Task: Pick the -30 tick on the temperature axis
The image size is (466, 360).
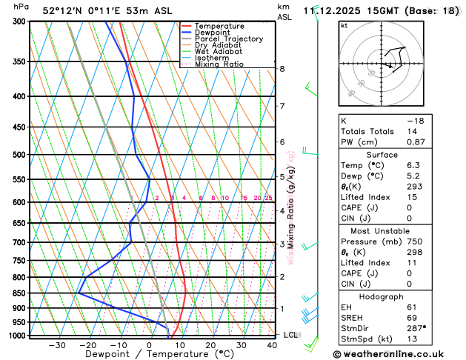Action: pos(57,345)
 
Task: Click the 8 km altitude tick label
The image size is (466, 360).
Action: pos(282,69)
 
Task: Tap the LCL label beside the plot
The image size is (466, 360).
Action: pos(291,335)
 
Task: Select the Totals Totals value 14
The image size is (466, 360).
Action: pos(412,131)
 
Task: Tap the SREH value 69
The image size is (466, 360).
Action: pos(412,317)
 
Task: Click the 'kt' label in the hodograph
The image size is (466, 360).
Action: pos(344,25)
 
